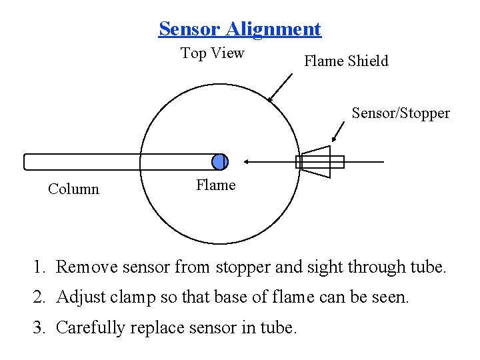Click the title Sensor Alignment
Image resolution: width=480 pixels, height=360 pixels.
pyautogui.click(x=239, y=29)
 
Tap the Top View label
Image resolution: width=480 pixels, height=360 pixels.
pyautogui.click(x=212, y=53)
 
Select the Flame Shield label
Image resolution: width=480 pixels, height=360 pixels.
pyautogui.click(x=345, y=61)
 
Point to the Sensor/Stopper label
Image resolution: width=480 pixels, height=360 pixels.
pyautogui.click(x=400, y=113)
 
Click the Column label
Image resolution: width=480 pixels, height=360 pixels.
pyautogui.click(x=73, y=189)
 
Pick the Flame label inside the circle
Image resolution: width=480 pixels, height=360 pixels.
pyautogui.click(x=215, y=185)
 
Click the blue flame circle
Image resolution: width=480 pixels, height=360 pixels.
pyautogui.click(x=219, y=162)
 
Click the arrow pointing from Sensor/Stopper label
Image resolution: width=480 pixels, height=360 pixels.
pyautogui.click(x=339, y=131)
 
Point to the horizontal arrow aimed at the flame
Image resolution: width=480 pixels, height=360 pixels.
pyautogui.click(x=269, y=161)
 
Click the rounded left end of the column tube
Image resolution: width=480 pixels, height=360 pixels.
pyautogui.click(x=27, y=162)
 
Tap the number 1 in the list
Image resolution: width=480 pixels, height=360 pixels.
pyautogui.click(x=39, y=267)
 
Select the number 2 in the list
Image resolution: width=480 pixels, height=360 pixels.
pyautogui.click(x=39, y=297)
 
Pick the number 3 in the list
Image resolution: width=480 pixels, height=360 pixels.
pyautogui.click(x=39, y=327)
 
